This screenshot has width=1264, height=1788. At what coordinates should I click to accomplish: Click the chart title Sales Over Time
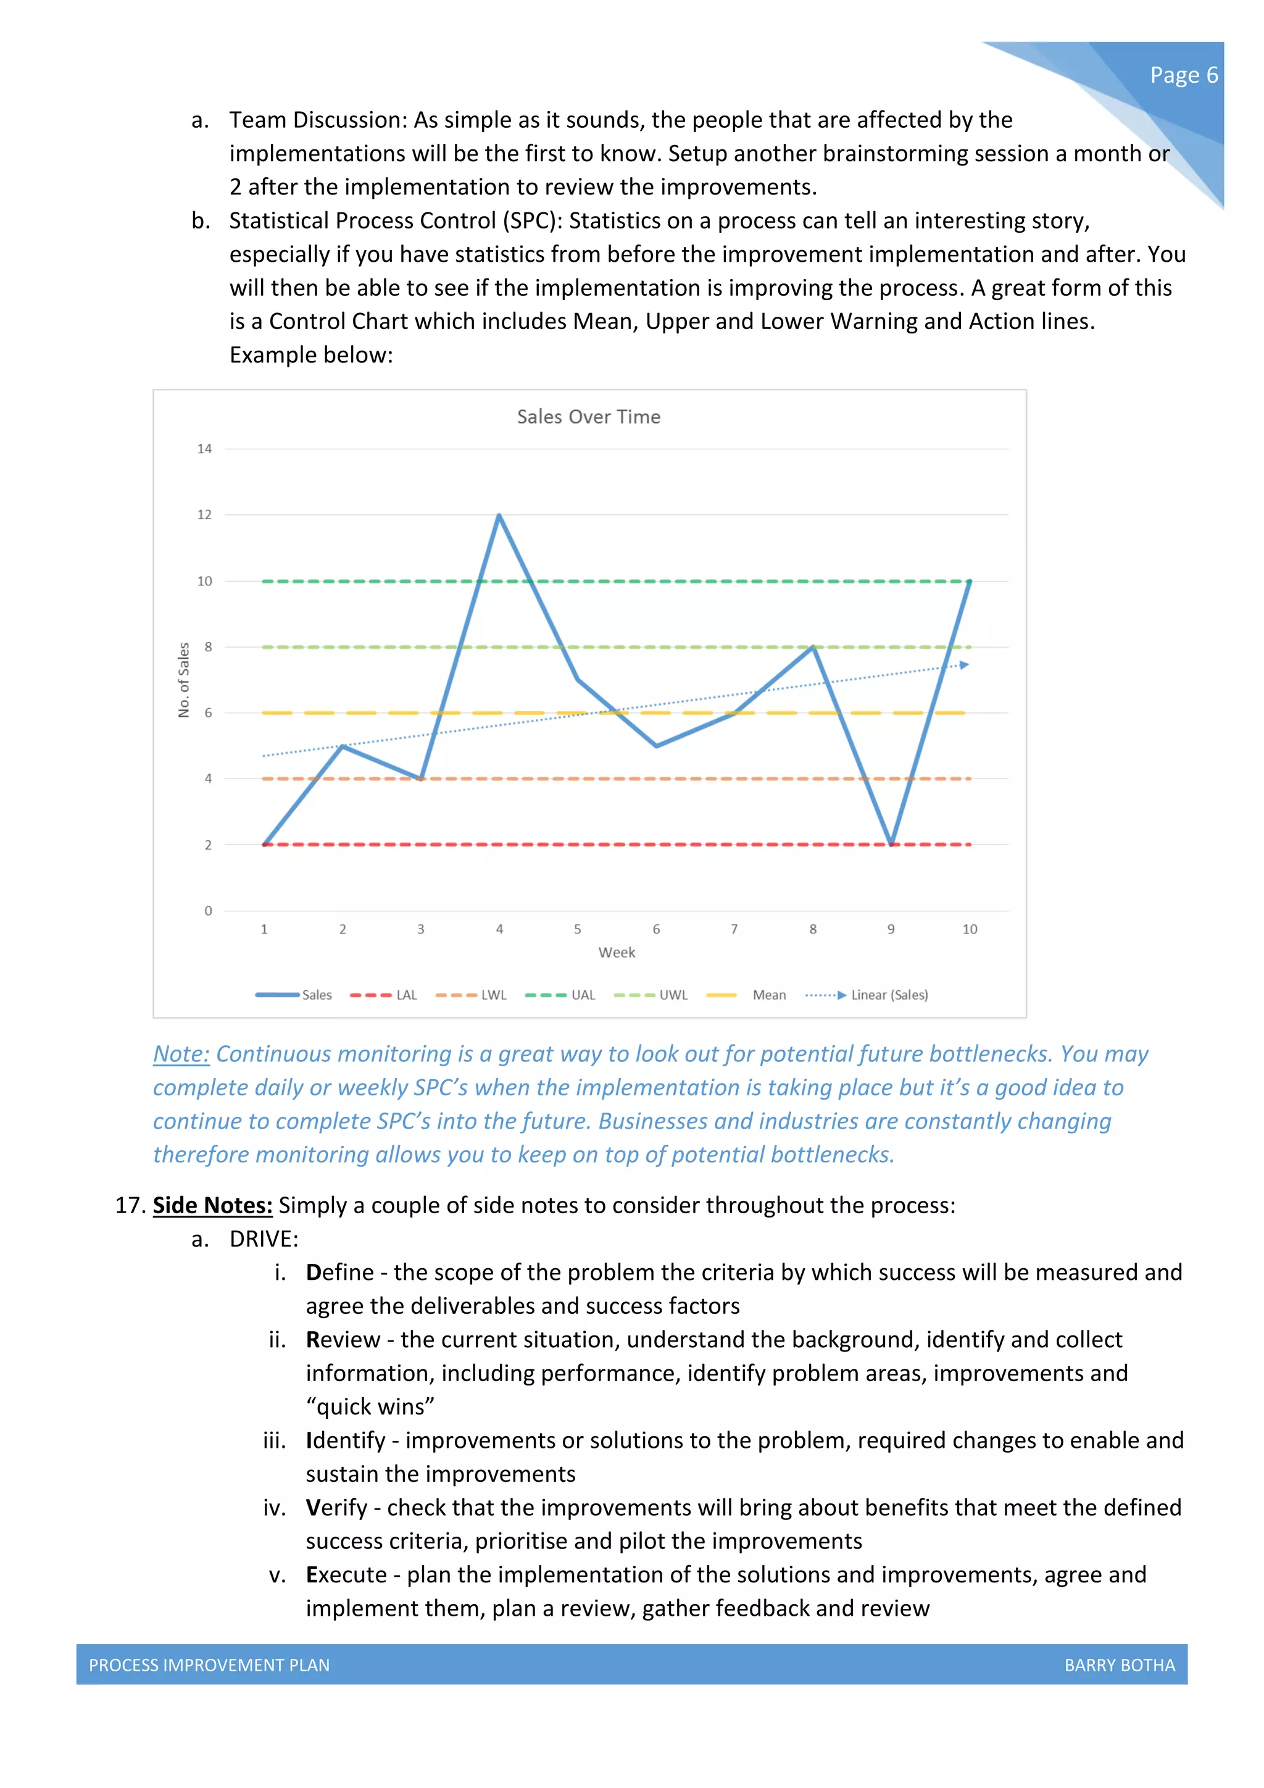click(588, 417)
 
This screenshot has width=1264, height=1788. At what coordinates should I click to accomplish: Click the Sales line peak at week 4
click(499, 516)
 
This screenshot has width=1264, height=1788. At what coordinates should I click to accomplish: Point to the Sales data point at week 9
click(891, 843)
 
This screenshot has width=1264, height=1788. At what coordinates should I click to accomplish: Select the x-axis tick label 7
click(734, 929)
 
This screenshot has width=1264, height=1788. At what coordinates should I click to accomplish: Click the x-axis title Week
click(617, 953)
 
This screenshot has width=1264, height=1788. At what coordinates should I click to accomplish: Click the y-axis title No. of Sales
click(184, 680)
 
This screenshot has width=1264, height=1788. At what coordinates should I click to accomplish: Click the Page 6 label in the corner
click(1183, 75)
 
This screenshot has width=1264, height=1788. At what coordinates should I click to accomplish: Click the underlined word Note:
click(181, 1054)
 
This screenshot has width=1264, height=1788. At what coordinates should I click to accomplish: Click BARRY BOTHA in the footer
click(1119, 1665)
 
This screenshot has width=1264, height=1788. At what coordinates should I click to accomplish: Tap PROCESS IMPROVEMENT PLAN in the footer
click(209, 1665)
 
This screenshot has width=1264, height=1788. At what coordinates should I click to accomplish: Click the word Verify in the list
click(336, 1508)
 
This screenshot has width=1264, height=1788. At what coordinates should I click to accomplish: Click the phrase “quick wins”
click(370, 1406)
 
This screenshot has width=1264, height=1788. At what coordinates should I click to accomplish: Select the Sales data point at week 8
click(813, 647)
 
